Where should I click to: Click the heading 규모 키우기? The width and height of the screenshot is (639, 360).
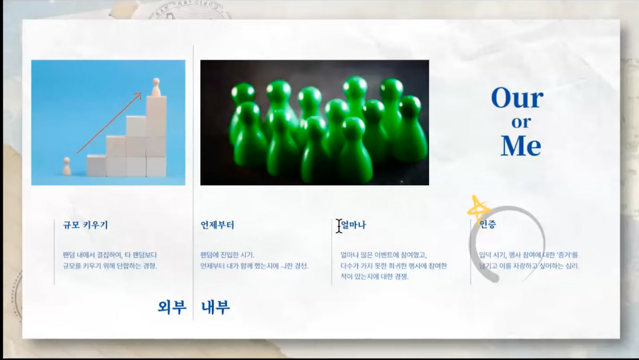pyautogui.click(x=85, y=225)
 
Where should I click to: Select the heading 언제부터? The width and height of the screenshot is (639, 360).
pyautogui.click(x=217, y=225)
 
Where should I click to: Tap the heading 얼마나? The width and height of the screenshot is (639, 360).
pyautogui.click(x=354, y=225)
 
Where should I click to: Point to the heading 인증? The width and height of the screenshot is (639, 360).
pyautogui.click(x=488, y=225)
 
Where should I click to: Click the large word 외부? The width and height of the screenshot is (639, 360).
pyautogui.click(x=172, y=307)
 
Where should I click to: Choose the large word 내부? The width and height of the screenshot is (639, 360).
pyautogui.click(x=216, y=307)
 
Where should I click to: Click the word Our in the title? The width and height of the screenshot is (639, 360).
pyautogui.click(x=517, y=98)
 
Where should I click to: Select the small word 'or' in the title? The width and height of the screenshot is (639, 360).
pyautogui.click(x=521, y=122)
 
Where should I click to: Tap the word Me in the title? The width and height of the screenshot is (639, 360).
pyautogui.click(x=521, y=146)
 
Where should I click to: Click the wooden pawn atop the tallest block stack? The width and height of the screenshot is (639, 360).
pyautogui.click(x=156, y=87)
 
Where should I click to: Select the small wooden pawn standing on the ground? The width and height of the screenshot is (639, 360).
pyautogui.click(x=66, y=166)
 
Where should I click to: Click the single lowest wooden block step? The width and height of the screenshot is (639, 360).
pyautogui.click(x=96, y=165)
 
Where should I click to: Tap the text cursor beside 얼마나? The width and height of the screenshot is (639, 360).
pyautogui.click(x=339, y=226)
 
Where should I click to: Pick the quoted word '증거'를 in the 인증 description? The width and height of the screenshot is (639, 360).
pyautogui.click(x=567, y=255)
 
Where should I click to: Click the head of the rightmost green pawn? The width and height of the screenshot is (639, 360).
pyautogui.click(x=410, y=106)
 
